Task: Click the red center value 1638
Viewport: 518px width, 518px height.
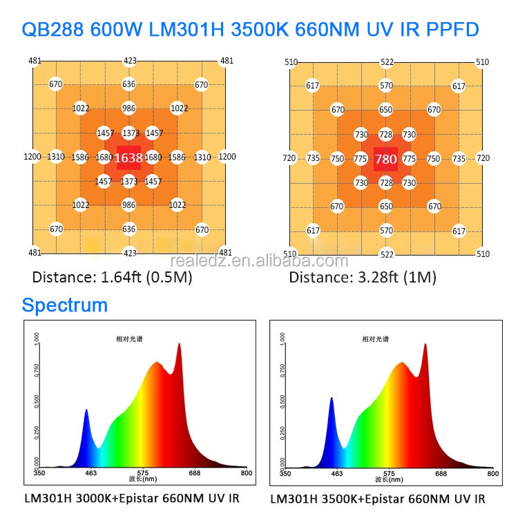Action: [x=128, y=158]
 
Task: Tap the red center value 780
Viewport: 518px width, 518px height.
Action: [x=385, y=160]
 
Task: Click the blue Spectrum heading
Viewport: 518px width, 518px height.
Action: [x=64, y=305]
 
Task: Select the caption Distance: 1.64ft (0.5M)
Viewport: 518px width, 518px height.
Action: [x=113, y=278]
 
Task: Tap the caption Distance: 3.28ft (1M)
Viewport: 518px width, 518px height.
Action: [x=363, y=278]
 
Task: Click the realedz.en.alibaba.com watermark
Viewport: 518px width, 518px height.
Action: [x=259, y=260]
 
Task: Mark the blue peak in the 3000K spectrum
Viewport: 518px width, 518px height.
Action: [x=86, y=411]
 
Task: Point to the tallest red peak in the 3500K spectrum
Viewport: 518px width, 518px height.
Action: [x=425, y=345]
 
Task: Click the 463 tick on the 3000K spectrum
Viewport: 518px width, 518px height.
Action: [x=90, y=473]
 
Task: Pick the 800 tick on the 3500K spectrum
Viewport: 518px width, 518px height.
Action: [x=492, y=473]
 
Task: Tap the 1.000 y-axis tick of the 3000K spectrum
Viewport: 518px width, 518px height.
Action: [x=36, y=339]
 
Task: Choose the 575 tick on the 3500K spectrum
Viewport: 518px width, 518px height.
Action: [x=388, y=473]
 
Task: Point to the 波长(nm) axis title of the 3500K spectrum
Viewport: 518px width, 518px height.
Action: [x=388, y=479]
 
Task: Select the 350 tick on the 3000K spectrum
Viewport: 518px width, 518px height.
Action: [x=39, y=473]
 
